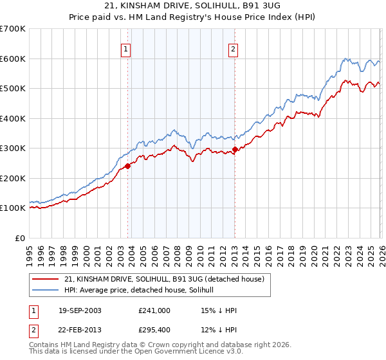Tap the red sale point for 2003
(x=128, y=166)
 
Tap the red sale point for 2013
(x=235, y=150)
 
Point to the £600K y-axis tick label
(x=12, y=59)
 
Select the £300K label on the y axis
(x=12, y=148)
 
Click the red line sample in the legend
(x=46, y=279)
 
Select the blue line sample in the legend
(x=46, y=291)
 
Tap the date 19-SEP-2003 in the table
(x=79, y=310)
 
